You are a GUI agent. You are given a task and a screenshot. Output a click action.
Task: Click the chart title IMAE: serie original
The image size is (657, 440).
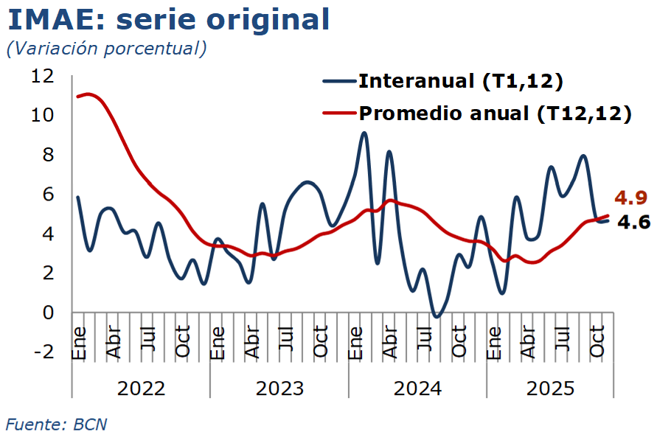click(x=169, y=19)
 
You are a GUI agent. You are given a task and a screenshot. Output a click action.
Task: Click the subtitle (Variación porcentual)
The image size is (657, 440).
click(x=106, y=49)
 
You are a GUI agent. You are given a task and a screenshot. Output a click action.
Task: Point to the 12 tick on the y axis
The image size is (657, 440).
click(x=44, y=76)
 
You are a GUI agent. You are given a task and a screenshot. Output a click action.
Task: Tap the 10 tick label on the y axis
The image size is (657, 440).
click(x=44, y=116)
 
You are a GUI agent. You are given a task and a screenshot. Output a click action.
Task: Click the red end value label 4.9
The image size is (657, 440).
click(x=630, y=198)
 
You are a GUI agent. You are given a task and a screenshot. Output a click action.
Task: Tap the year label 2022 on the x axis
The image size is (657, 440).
click(x=141, y=388)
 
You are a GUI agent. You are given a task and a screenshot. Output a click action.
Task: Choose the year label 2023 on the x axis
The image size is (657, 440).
click(x=279, y=388)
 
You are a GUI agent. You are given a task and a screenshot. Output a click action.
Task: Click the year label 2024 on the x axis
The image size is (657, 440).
click(x=417, y=388)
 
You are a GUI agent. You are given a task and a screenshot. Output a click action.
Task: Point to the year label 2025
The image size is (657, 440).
click(x=549, y=388)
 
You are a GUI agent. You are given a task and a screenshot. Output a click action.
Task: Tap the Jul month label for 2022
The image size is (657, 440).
click(x=147, y=341)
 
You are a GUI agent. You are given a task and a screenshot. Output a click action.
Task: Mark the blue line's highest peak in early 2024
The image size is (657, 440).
click(x=364, y=133)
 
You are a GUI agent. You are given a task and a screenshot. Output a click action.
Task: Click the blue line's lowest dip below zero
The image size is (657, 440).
click(x=437, y=317)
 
